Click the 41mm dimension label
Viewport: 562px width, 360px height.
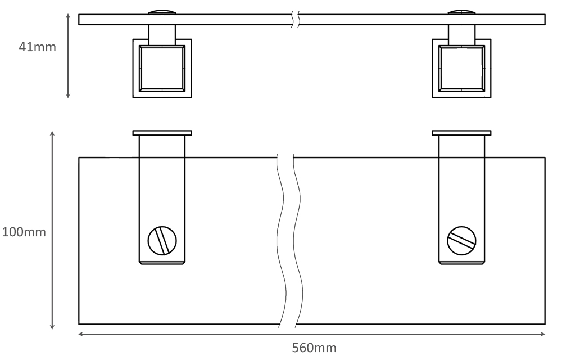pyautogui.click(x=38, y=47)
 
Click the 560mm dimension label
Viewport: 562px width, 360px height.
pyautogui.click(x=314, y=348)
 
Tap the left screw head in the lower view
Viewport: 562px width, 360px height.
pyautogui.click(x=162, y=241)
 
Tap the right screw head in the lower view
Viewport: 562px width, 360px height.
pyautogui.click(x=461, y=241)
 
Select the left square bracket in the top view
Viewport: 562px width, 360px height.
pyautogui.click(x=162, y=68)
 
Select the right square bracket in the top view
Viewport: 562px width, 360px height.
pyautogui.click(x=461, y=68)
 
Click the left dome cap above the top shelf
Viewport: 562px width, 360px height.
pyautogui.click(x=162, y=11)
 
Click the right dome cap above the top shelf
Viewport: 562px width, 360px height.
pyautogui.click(x=461, y=11)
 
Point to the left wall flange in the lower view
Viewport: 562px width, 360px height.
pyautogui.click(x=162, y=133)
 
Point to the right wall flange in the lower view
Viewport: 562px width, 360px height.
pyautogui.click(x=461, y=133)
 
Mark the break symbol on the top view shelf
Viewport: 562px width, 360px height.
pyautogui.click(x=296, y=19)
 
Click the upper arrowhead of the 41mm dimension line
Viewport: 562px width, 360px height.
pyautogui.click(x=68, y=16)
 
